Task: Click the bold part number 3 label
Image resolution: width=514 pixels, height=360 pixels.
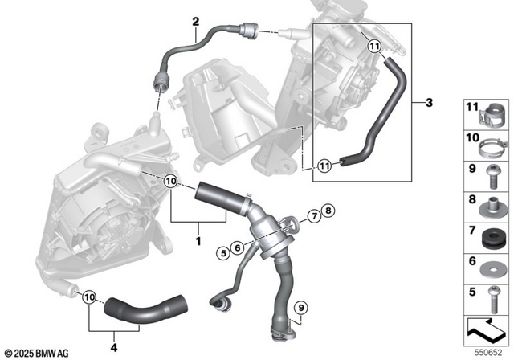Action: (429, 103)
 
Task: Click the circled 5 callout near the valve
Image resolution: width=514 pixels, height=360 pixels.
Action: (221, 253)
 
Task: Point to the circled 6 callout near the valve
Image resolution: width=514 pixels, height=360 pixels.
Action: (238, 247)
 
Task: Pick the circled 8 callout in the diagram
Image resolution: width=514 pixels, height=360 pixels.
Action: (327, 211)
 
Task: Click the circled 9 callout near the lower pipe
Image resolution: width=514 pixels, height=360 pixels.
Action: (300, 305)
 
